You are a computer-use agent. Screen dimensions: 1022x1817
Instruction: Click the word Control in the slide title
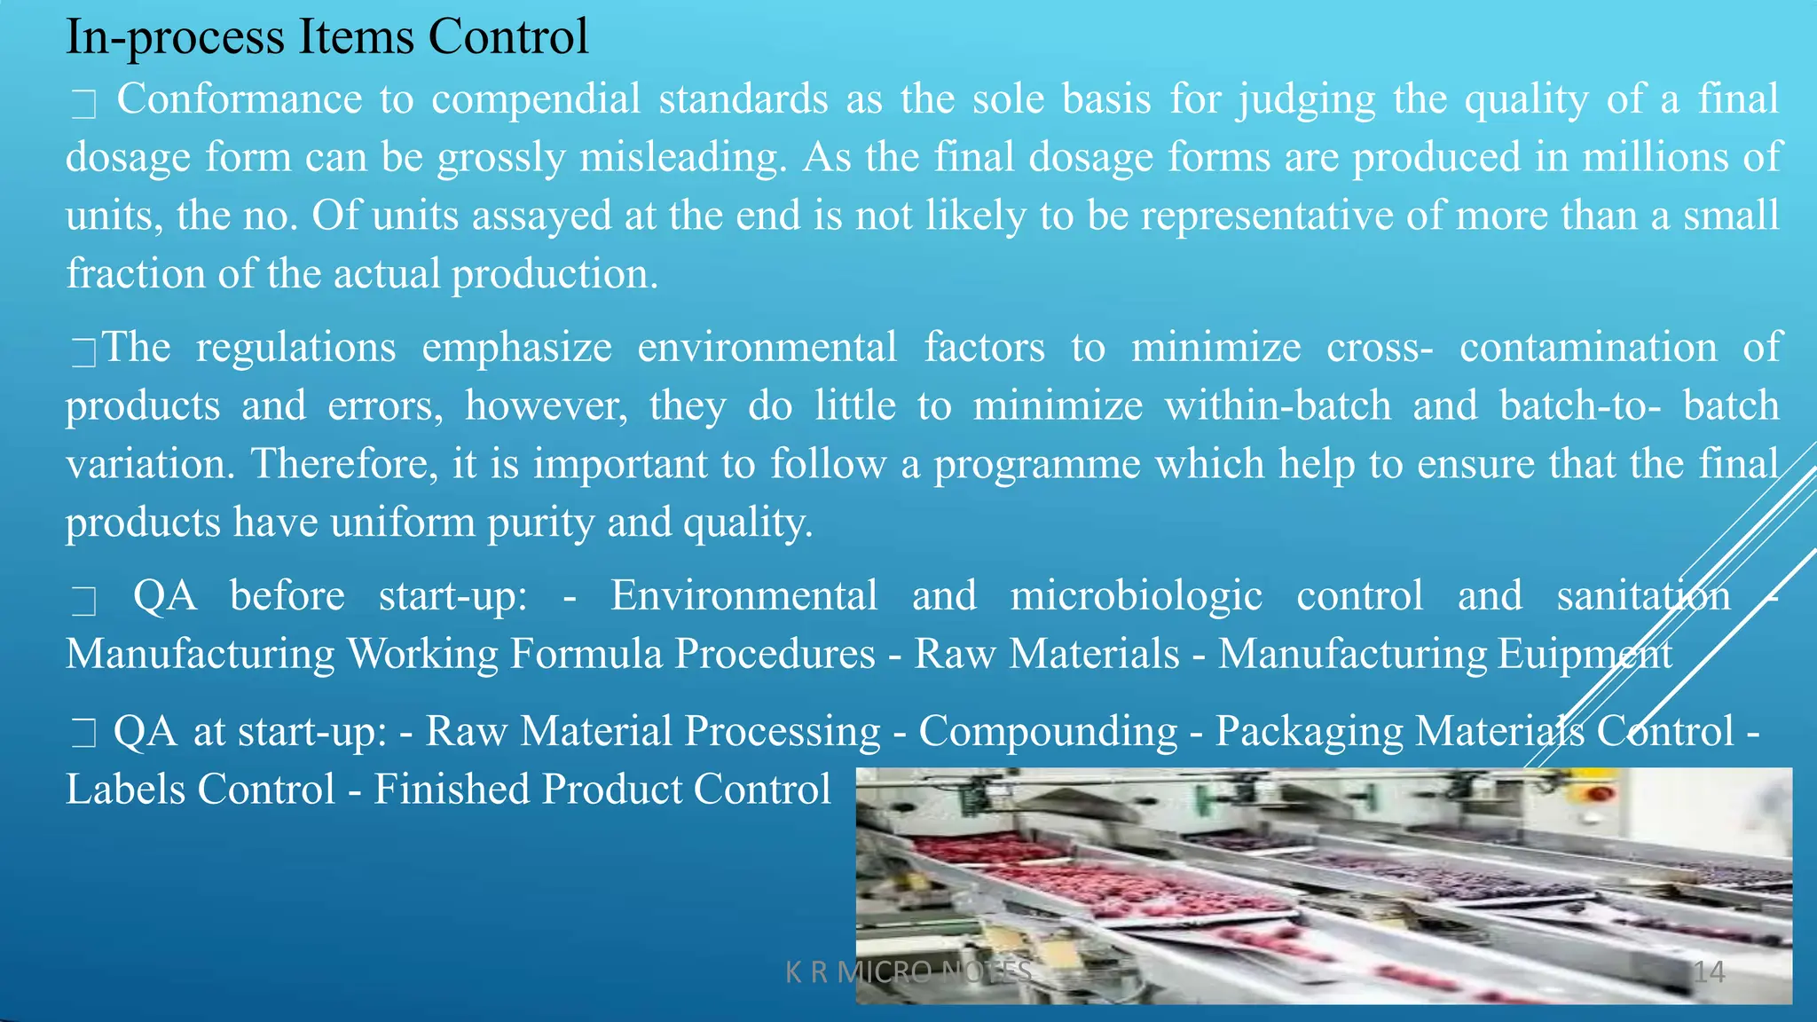[507, 37]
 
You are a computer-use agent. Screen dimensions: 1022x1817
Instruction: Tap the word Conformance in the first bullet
[240, 98]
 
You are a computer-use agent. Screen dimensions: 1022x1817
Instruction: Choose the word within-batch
[1278, 405]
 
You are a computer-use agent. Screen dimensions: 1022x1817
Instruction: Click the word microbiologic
[1136, 595]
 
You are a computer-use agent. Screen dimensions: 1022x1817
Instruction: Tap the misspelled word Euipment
[1585, 654]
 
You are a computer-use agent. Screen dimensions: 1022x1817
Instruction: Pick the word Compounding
[1048, 732]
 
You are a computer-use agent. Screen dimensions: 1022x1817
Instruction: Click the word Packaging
[1309, 732]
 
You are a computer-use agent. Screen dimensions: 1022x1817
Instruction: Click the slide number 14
[1708, 972]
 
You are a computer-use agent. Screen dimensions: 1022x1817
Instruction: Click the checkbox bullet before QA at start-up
[83, 735]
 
